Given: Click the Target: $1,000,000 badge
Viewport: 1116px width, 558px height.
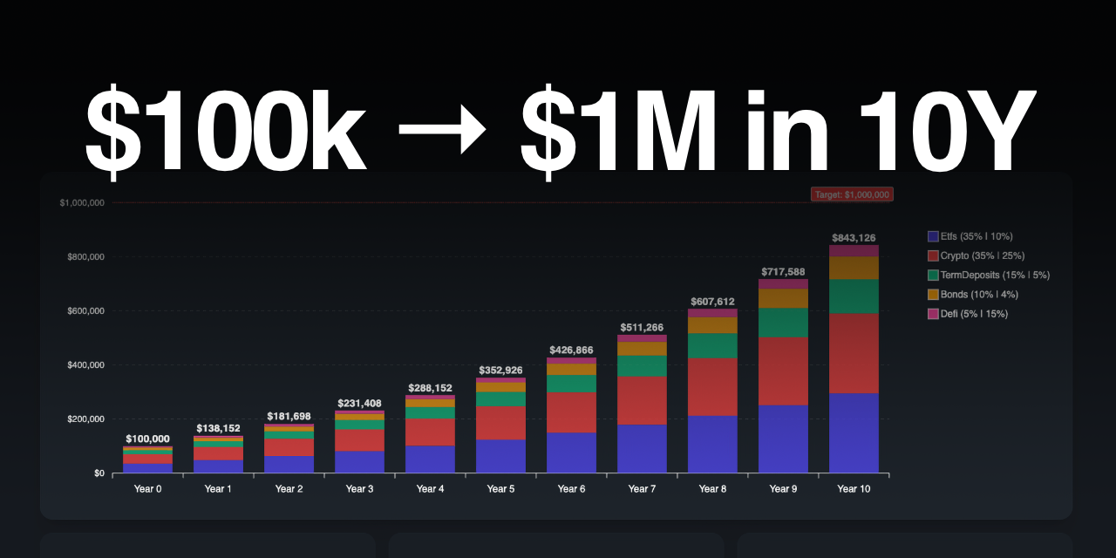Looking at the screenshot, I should coord(852,195).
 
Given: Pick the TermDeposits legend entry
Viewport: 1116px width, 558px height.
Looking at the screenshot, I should coord(988,275).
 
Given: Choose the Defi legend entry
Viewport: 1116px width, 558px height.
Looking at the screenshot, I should coord(968,313).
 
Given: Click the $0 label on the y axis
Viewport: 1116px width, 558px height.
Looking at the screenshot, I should coord(99,473).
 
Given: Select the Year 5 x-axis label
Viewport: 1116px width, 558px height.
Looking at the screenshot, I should coord(500,489).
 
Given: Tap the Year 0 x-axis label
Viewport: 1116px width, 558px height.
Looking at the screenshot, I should coord(147,489).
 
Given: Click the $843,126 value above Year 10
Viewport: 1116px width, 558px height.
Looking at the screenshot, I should coord(854,238).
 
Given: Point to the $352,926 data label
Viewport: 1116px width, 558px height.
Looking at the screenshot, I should coord(500,371).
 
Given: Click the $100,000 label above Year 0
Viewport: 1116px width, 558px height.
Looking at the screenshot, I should coord(147,439).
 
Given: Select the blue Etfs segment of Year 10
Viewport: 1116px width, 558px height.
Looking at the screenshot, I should coord(854,433).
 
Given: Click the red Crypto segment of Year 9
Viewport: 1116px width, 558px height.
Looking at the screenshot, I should coord(783,371).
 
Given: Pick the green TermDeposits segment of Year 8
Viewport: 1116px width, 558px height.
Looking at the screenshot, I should coord(712,346).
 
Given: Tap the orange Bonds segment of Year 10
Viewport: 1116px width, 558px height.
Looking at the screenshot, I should coord(854,268).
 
